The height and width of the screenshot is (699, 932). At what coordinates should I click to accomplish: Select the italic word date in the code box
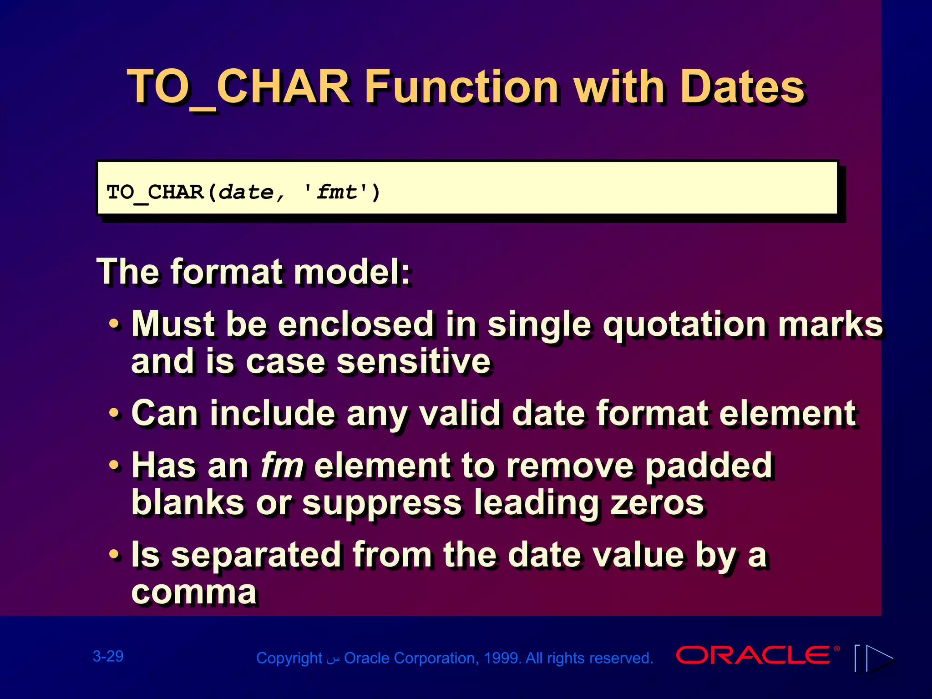246,192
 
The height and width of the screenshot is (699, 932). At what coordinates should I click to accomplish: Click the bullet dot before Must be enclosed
115,325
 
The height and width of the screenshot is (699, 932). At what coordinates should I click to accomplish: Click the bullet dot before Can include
115,414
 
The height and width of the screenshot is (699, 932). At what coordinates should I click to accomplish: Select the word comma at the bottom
194,592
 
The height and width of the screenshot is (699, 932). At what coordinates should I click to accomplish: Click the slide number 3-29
108,656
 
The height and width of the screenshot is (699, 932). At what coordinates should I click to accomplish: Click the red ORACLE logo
754,655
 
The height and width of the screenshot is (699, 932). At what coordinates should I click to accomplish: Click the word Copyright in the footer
289,658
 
